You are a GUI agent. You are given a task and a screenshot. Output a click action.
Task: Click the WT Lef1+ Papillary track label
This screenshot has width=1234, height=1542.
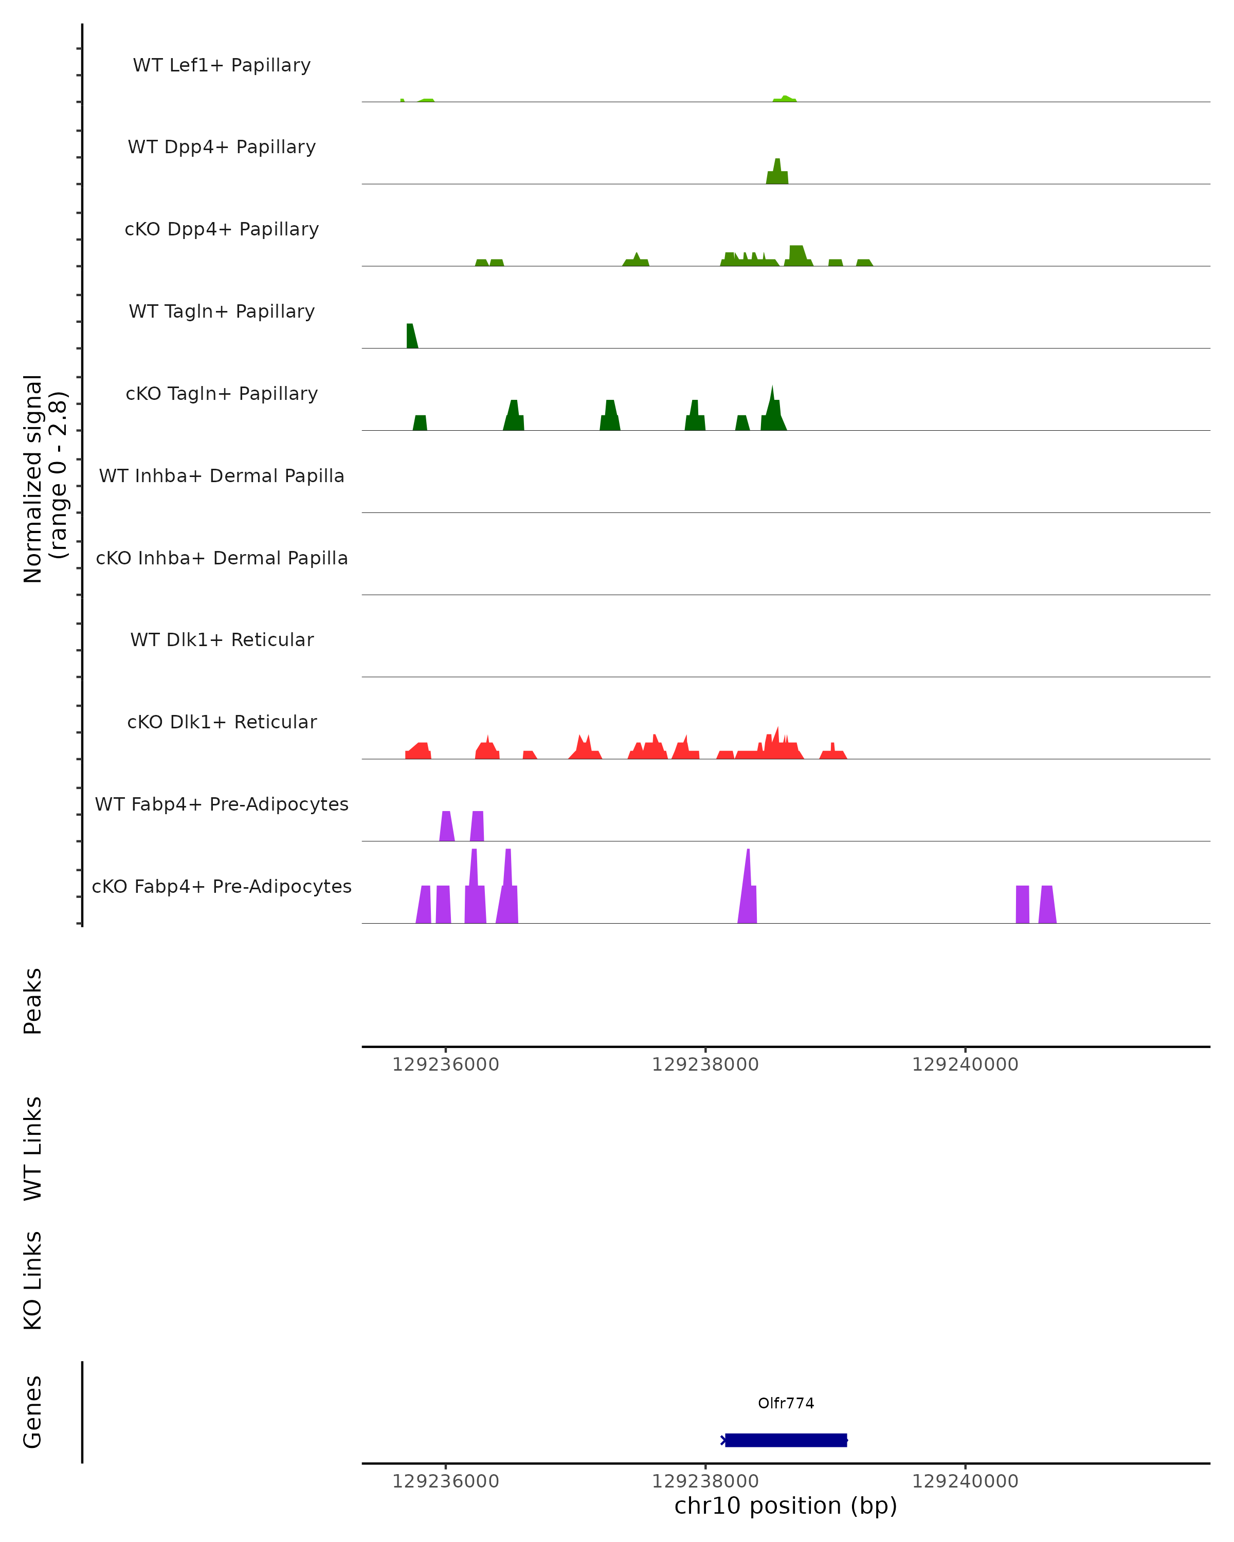click(x=222, y=65)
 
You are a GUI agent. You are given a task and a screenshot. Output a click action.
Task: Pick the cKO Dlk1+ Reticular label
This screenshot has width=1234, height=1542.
click(x=222, y=722)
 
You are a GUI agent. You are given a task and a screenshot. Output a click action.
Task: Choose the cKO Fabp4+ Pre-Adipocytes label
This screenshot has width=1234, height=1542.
click(x=222, y=886)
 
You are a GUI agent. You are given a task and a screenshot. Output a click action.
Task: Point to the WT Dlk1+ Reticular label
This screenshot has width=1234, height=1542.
click(x=222, y=639)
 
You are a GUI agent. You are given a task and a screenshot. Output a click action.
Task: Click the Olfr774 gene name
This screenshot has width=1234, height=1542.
click(x=786, y=1403)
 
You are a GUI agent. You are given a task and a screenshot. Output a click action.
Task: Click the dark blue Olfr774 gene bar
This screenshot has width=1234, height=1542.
click(x=786, y=1440)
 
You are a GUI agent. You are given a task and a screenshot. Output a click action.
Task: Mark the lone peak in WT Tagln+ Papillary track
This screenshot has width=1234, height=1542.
click(x=411, y=337)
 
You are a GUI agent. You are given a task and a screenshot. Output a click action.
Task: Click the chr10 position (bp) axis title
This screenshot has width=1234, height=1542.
click(x=786, y=1506)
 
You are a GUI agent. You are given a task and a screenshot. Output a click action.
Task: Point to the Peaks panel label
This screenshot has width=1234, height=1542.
click(x=33, y=1001)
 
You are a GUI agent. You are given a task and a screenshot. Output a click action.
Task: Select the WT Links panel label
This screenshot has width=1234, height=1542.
click(x=33, y=1148)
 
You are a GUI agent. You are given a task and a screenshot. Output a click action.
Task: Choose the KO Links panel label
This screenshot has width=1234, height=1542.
click(x=33, y=1280)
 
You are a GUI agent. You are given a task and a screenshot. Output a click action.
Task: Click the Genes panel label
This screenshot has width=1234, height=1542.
click(x=33, y=1412)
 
